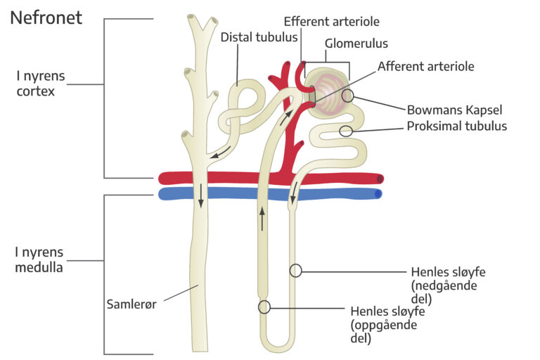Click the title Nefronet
tap(46, 18)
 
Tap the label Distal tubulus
tap(259, 37)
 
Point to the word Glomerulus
tap(356, 44)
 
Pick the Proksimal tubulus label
tap(456, 127)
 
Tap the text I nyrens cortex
tap(40, 83)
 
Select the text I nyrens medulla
tap(39, 259)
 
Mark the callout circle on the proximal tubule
tap(346, 131)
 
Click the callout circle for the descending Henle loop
tap(296, 270)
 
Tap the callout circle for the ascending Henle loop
tap(264, 307)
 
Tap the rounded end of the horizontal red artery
tap(380, 179)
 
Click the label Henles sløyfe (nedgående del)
tap(447, 284)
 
